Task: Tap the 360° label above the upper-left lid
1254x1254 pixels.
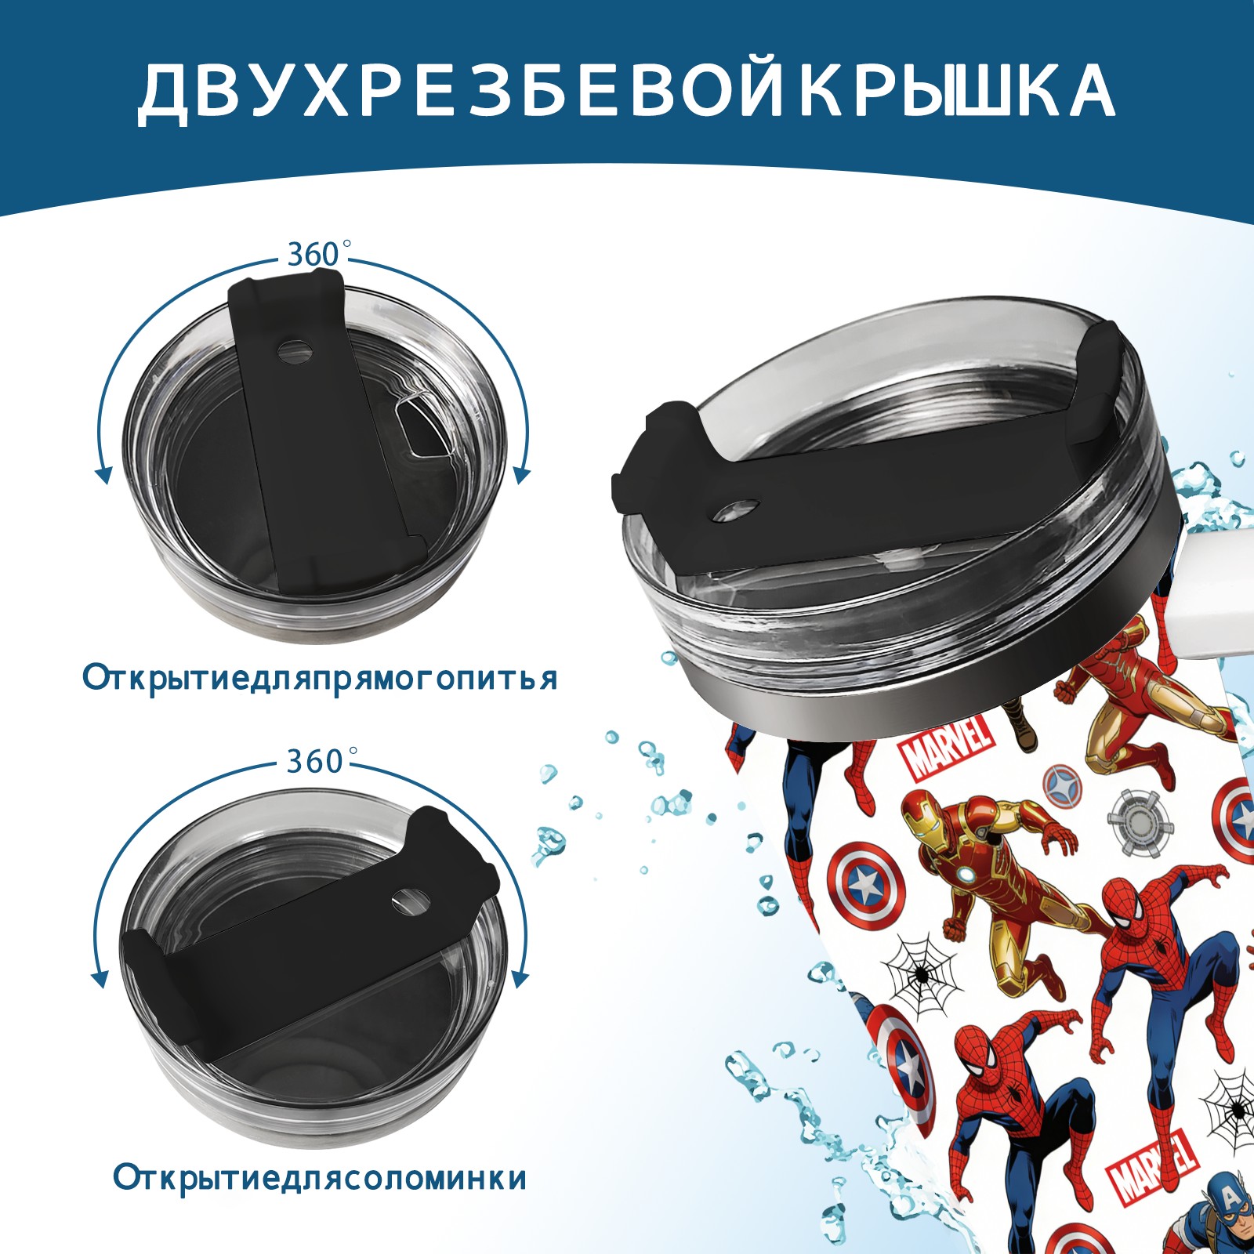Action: coord(313,254)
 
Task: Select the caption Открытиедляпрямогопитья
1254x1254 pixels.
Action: coord(320,678)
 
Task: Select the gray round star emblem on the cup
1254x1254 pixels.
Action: coord(1065,785)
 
